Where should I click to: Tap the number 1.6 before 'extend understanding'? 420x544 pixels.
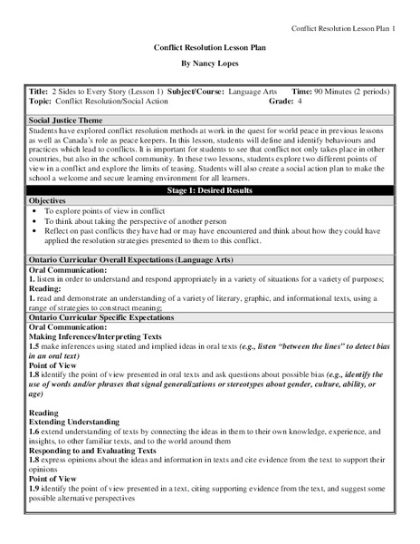pos(33,437)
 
